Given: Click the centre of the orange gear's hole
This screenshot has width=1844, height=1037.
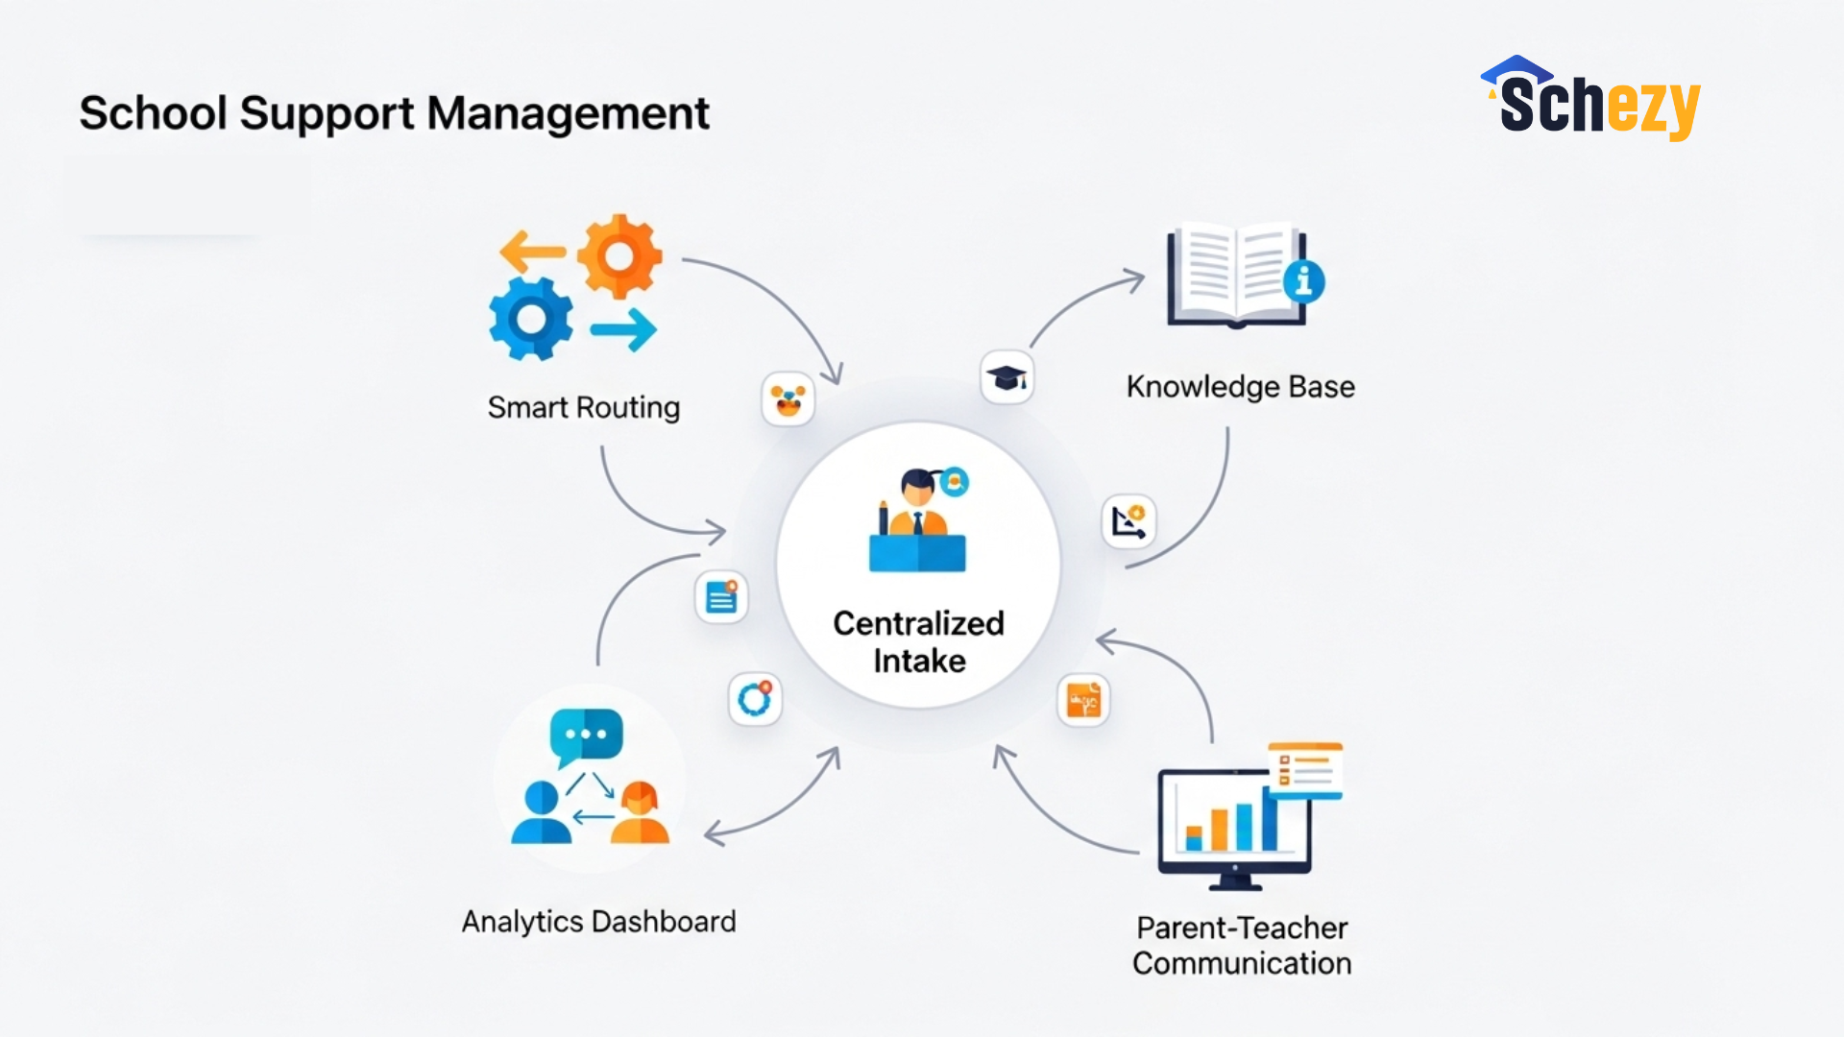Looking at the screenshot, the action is [619, 256].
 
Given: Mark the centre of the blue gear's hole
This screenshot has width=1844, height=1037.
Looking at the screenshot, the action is [530, 319].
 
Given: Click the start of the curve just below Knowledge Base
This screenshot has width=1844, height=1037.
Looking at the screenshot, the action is [1227, 428].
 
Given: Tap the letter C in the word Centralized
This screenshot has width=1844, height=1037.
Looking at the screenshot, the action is [845, 623].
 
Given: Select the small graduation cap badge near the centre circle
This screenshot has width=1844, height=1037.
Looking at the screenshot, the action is [1007, 378].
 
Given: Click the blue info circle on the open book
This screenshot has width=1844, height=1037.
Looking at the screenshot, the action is [1303, 281].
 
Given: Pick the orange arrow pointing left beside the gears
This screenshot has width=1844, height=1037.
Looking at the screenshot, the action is [533, 252].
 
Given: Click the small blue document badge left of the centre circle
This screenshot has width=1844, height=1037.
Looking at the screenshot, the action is [721, 596].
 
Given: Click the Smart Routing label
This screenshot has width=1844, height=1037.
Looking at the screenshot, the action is [584, 407].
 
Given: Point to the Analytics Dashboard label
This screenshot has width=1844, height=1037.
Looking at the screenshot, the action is [599, 922].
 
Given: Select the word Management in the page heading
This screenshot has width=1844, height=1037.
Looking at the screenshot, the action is [568, 113].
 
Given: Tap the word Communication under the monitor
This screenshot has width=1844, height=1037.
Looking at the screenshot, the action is [1242, 963].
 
